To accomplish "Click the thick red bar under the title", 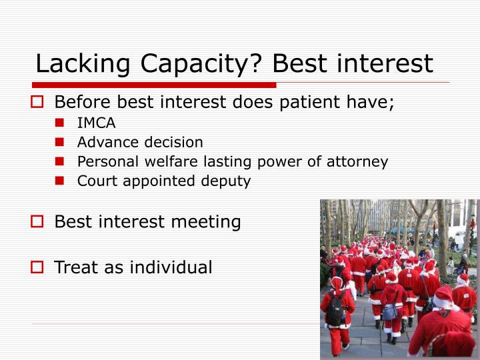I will pos(154,85).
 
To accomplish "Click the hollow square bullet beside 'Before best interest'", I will pos(38,103).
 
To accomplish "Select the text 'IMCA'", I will pos(96,123).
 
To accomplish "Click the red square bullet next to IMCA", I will pos(60,123).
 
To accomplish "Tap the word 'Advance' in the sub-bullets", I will pos(103,143).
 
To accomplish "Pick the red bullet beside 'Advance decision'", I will pos(60,143).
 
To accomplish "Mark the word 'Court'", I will pos(95,181).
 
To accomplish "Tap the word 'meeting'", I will pos(210,222).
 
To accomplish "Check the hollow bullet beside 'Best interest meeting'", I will pos(38,222).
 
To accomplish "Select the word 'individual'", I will pos(171,268).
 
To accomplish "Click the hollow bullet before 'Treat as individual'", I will pos(38,268).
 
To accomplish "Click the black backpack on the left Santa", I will pos(336,309).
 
